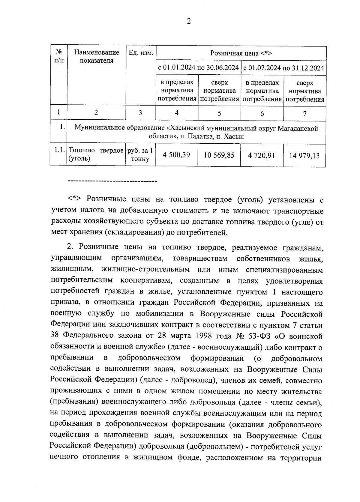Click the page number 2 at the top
[x=189, y=21]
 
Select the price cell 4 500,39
[x=176, y=155]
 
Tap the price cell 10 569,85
[x=219, y=155]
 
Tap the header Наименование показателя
[x=96, y=57]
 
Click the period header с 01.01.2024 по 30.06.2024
[x=198, y=67]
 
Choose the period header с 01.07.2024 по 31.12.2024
[x=283, y=68]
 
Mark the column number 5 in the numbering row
[x=219, y=113]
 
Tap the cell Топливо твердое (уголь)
[x=96, y=154]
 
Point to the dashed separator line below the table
[x=113, y=181]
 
